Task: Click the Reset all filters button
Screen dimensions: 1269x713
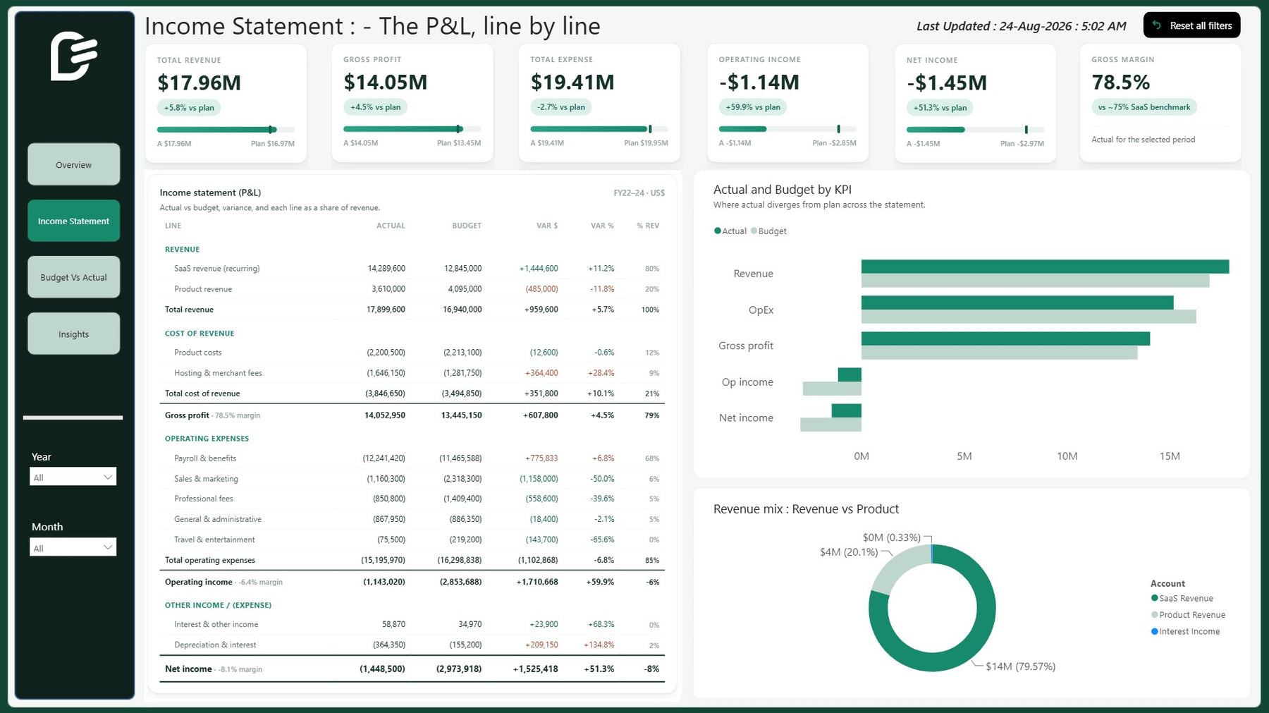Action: click(1191, 25)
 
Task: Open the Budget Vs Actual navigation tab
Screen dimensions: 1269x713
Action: click(73, 277)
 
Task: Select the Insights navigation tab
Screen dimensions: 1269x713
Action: click(73, 334)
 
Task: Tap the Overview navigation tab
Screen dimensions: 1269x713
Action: click(73, 164)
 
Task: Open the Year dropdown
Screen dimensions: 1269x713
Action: click(73, 477)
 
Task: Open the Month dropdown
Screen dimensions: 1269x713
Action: click(73, 547)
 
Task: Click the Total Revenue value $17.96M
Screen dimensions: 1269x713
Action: click(200, 83)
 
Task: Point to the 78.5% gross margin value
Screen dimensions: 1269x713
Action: click(1121, 83)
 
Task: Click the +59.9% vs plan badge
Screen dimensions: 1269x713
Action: click(753, 107)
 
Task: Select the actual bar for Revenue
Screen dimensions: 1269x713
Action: click(1045, 267)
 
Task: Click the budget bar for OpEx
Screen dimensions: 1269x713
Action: click(1029, 317)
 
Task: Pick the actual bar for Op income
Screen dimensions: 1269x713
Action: click(850, 374)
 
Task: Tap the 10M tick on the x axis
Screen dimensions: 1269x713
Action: click(1067, 456)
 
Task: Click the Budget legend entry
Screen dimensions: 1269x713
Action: click(769, 231)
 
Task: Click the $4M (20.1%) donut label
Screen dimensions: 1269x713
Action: click(849, 552)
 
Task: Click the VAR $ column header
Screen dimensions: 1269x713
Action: click(547, 226)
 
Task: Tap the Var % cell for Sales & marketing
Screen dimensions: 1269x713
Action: click(602, 479)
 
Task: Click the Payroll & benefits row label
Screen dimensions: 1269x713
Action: click(205, 458)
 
